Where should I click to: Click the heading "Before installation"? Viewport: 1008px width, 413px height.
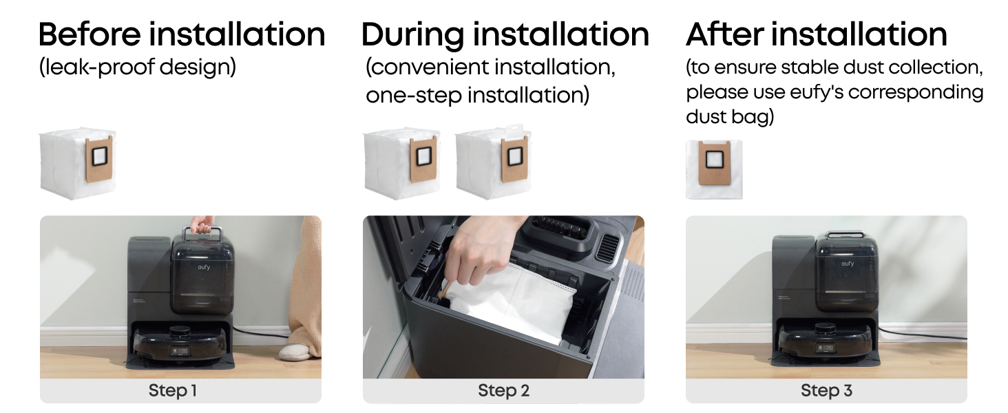tap(181, 34)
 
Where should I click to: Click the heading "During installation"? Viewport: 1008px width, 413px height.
tap(505, 34)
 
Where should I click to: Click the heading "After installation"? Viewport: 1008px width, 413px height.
tap(817, 34)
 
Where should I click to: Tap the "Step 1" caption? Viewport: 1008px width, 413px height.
tap(173, 390)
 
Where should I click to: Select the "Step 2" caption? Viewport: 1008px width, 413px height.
tap(503, 390)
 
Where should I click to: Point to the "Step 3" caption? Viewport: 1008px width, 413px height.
tap(826, 390)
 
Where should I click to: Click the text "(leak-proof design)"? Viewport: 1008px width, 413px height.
tap(138, 67)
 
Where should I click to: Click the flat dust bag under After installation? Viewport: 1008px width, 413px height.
tap(714, 169)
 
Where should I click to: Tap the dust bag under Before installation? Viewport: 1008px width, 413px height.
tap(77, 163)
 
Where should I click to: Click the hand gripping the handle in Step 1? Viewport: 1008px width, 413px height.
tap(202, 224)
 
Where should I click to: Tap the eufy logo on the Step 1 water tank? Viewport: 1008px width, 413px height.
tap(204, 267)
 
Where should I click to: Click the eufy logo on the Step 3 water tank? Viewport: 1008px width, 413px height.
tap(848, 264)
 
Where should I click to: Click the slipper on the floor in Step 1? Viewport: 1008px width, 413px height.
tap(295, 352)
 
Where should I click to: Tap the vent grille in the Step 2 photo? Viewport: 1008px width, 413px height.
tap(609, 247)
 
